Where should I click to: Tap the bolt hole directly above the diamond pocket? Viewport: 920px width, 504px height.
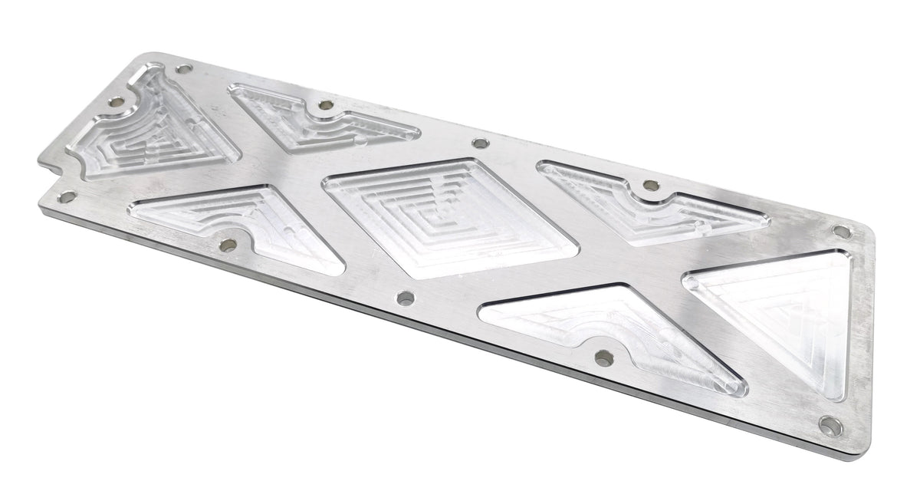480,143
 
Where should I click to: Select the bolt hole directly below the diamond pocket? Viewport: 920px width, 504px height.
406,298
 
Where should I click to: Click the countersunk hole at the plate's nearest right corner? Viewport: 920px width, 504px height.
830,424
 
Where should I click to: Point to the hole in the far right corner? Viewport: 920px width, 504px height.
841,231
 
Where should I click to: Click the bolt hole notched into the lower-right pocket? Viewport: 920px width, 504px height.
604,357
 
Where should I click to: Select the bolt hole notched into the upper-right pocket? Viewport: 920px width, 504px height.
651,185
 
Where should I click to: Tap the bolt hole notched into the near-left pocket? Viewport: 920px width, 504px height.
228,245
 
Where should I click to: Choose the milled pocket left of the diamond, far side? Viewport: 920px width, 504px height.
322,119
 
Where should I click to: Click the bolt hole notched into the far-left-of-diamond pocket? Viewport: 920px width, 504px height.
326,104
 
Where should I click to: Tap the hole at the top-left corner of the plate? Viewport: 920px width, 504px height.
182,69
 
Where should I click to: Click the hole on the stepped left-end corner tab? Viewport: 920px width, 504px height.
67,197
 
